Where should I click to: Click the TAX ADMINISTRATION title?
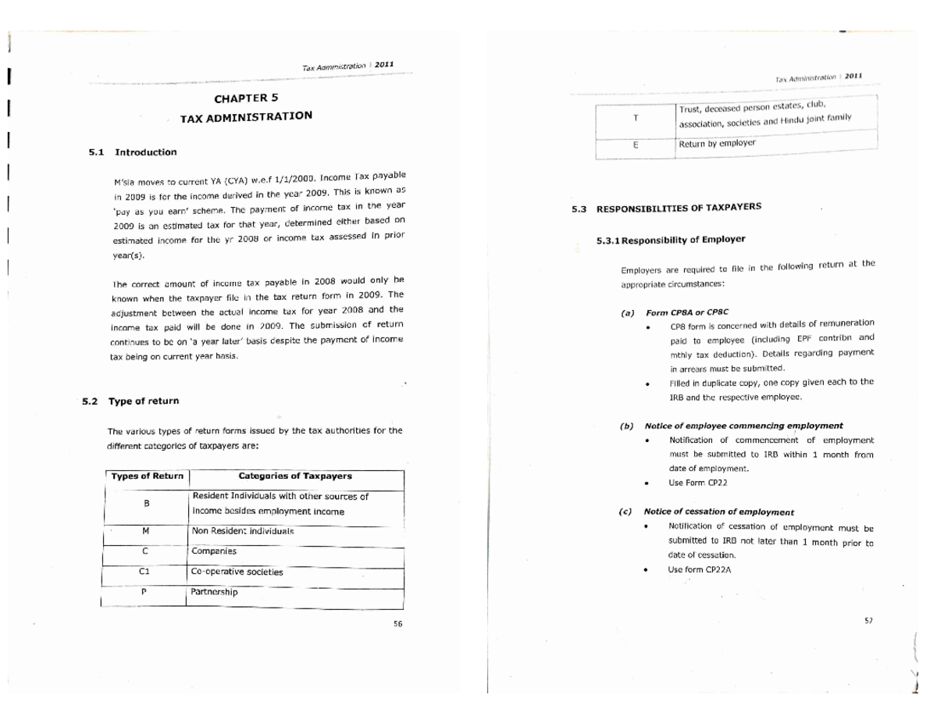(246, 116)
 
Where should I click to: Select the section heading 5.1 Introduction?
(133, 152)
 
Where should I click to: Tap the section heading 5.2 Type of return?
(131, 401)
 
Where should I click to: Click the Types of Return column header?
(147, 476)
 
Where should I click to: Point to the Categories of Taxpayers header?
(295, 476)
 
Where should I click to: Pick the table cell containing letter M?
(146, 530)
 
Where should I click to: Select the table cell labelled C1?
(144, 571)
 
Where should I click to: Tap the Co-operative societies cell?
(237, 572)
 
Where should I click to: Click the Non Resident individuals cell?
(242, 530)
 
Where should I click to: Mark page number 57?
(868, 621)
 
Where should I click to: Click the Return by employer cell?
(717, 144)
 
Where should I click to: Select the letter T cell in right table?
(636, 117)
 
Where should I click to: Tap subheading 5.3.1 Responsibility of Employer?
(671, 240)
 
